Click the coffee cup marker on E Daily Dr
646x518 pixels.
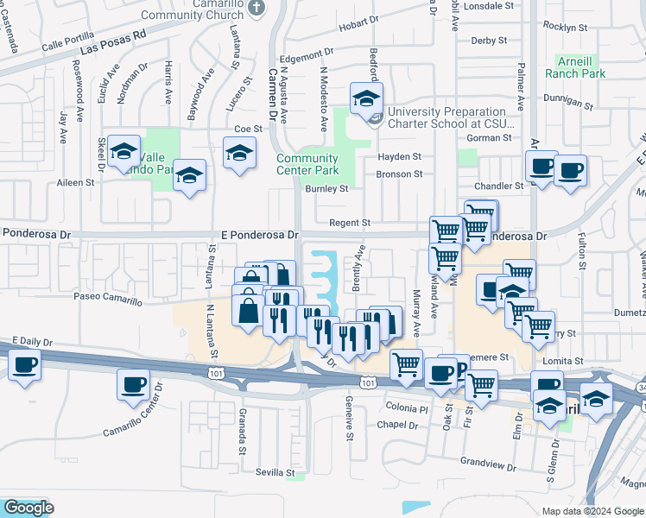(x=25, y=364)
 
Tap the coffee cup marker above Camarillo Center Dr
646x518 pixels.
(x=133, y=384)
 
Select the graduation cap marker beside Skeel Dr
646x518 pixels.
(x=124, y=152)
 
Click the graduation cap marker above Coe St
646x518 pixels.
(x=239, y=154)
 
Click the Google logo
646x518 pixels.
(x=28, y=508)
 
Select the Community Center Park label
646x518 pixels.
(x=307, y=164)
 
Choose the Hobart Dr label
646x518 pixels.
(x=354, y=26)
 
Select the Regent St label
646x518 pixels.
(x=349, y=223)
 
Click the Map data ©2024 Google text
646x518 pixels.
(x=592, y=511)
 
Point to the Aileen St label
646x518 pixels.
(x=75, y=182)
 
